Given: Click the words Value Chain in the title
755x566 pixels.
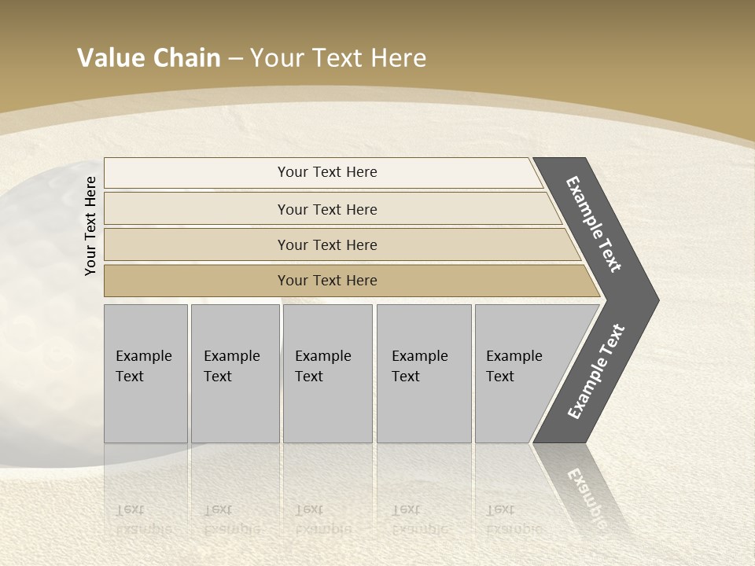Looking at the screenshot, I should tap(149, 58).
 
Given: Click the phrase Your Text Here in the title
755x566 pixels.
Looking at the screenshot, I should tap(338, 58).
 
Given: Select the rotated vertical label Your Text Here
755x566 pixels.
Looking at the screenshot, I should tap(90, 226).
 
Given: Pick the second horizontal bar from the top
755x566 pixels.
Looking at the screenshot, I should tap(327, 209).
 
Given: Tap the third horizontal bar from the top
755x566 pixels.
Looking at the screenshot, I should tap(327, 244).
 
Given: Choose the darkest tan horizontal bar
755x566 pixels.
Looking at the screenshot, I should tap(327, 281).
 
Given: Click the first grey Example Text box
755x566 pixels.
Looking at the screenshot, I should tap(145, 373).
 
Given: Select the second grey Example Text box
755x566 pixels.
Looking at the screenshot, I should tap(234, 373).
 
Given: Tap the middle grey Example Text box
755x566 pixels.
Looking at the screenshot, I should tap(327, 373).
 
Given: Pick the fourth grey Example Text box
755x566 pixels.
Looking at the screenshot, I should tap(423, 373).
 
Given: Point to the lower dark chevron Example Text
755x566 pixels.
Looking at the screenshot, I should tap(596, 371).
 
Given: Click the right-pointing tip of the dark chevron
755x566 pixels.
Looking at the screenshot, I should tap(653, 300).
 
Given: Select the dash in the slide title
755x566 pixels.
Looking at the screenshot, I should tap(235, 58).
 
